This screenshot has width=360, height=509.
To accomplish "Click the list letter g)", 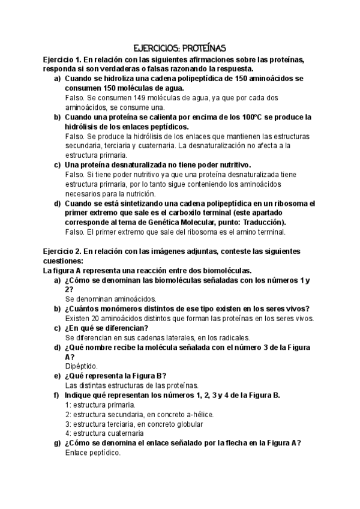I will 58,443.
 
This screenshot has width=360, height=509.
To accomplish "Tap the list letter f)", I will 57,395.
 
